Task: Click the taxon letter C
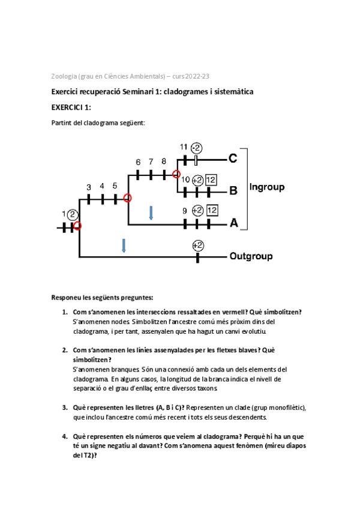tap(233, 159)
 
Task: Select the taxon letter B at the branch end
tap(233, 191)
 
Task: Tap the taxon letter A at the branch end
tap(234, 223)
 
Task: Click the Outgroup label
tap(251, 256)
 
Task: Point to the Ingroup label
tap(266, 186)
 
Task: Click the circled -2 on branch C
tap(197, 148)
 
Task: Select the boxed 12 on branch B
tap(211, 179)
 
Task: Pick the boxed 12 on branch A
tap(211, 210)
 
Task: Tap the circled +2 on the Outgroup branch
tap(198, 245)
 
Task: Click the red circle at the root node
tap(77, 226)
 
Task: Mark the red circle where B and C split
tap(176, 174)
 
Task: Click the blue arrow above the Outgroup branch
tap(124, 245)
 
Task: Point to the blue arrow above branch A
tap(151, 213)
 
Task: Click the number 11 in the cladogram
tap(184, 147)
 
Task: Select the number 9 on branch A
tap(185, 210)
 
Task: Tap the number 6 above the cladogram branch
tap(138, 162)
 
